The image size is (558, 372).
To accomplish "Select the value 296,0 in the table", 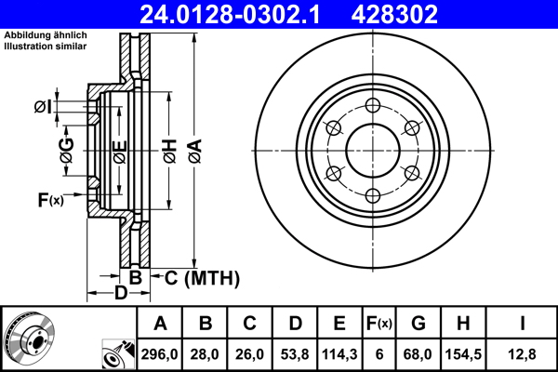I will point(160,353).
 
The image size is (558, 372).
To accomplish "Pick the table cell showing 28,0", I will point(206,353).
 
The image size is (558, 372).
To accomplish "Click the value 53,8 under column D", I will point(295,353).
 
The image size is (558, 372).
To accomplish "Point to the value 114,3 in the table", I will point(339,353).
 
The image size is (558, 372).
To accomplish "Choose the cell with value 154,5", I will point(463,353).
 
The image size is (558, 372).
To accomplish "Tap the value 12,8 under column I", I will point(525,353).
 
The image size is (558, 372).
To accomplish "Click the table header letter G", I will point(418,325).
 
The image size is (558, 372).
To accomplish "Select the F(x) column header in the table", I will point(379,325).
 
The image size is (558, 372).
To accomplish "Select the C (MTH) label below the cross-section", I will point(202,277).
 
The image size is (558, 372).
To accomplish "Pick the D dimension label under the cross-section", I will point(120,295).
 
